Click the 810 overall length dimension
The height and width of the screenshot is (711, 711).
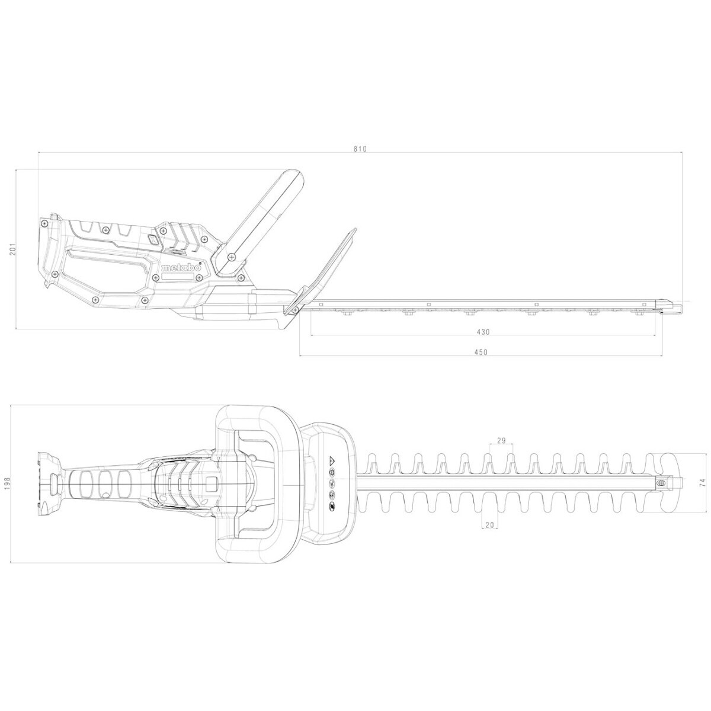361,149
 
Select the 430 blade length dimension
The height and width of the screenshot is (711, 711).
482,332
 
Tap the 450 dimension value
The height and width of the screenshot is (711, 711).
481,352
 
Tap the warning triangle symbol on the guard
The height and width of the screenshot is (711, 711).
332,460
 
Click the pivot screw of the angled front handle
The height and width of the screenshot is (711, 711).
230,256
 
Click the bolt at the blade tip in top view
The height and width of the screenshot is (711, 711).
662,483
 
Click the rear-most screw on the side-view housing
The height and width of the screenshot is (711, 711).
44,223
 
